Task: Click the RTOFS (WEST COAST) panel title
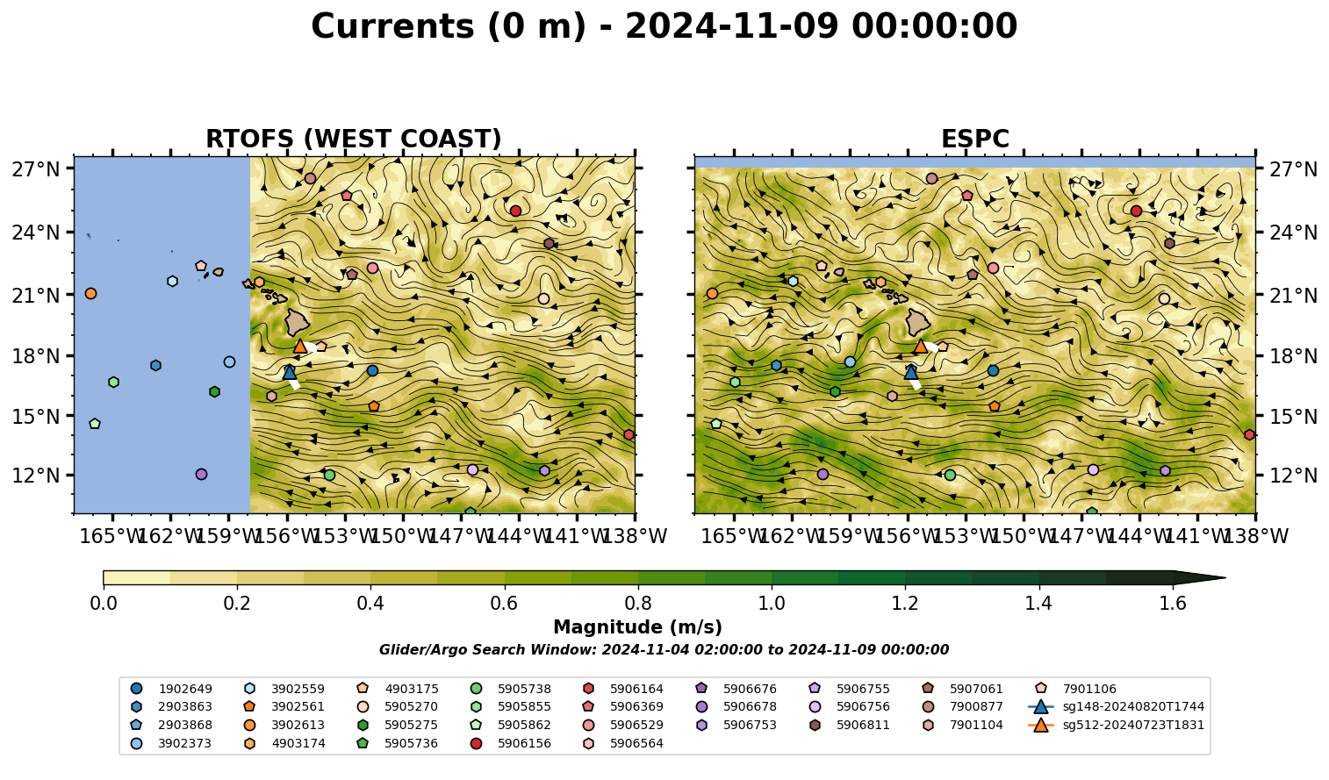coord(354,139)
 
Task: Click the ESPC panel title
coord(974,139)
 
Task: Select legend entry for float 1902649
coord(171,689)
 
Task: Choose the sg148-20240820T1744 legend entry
coord(1116,706)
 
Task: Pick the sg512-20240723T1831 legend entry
coord(1116,725)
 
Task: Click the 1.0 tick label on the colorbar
coord(772,604)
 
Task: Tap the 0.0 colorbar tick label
coord(104,604)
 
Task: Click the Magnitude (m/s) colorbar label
coord(638,627)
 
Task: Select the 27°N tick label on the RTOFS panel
coord(36,169)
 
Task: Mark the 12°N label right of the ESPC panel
coord(1293,476)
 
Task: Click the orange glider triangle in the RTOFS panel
coord(300,347)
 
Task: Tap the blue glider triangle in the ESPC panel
coord(910,372)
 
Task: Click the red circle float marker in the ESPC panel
coord(1136,211)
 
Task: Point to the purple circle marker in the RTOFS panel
coord(201,475)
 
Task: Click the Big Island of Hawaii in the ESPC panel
coord(918,322)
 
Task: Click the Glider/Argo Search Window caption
coord(664,649)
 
